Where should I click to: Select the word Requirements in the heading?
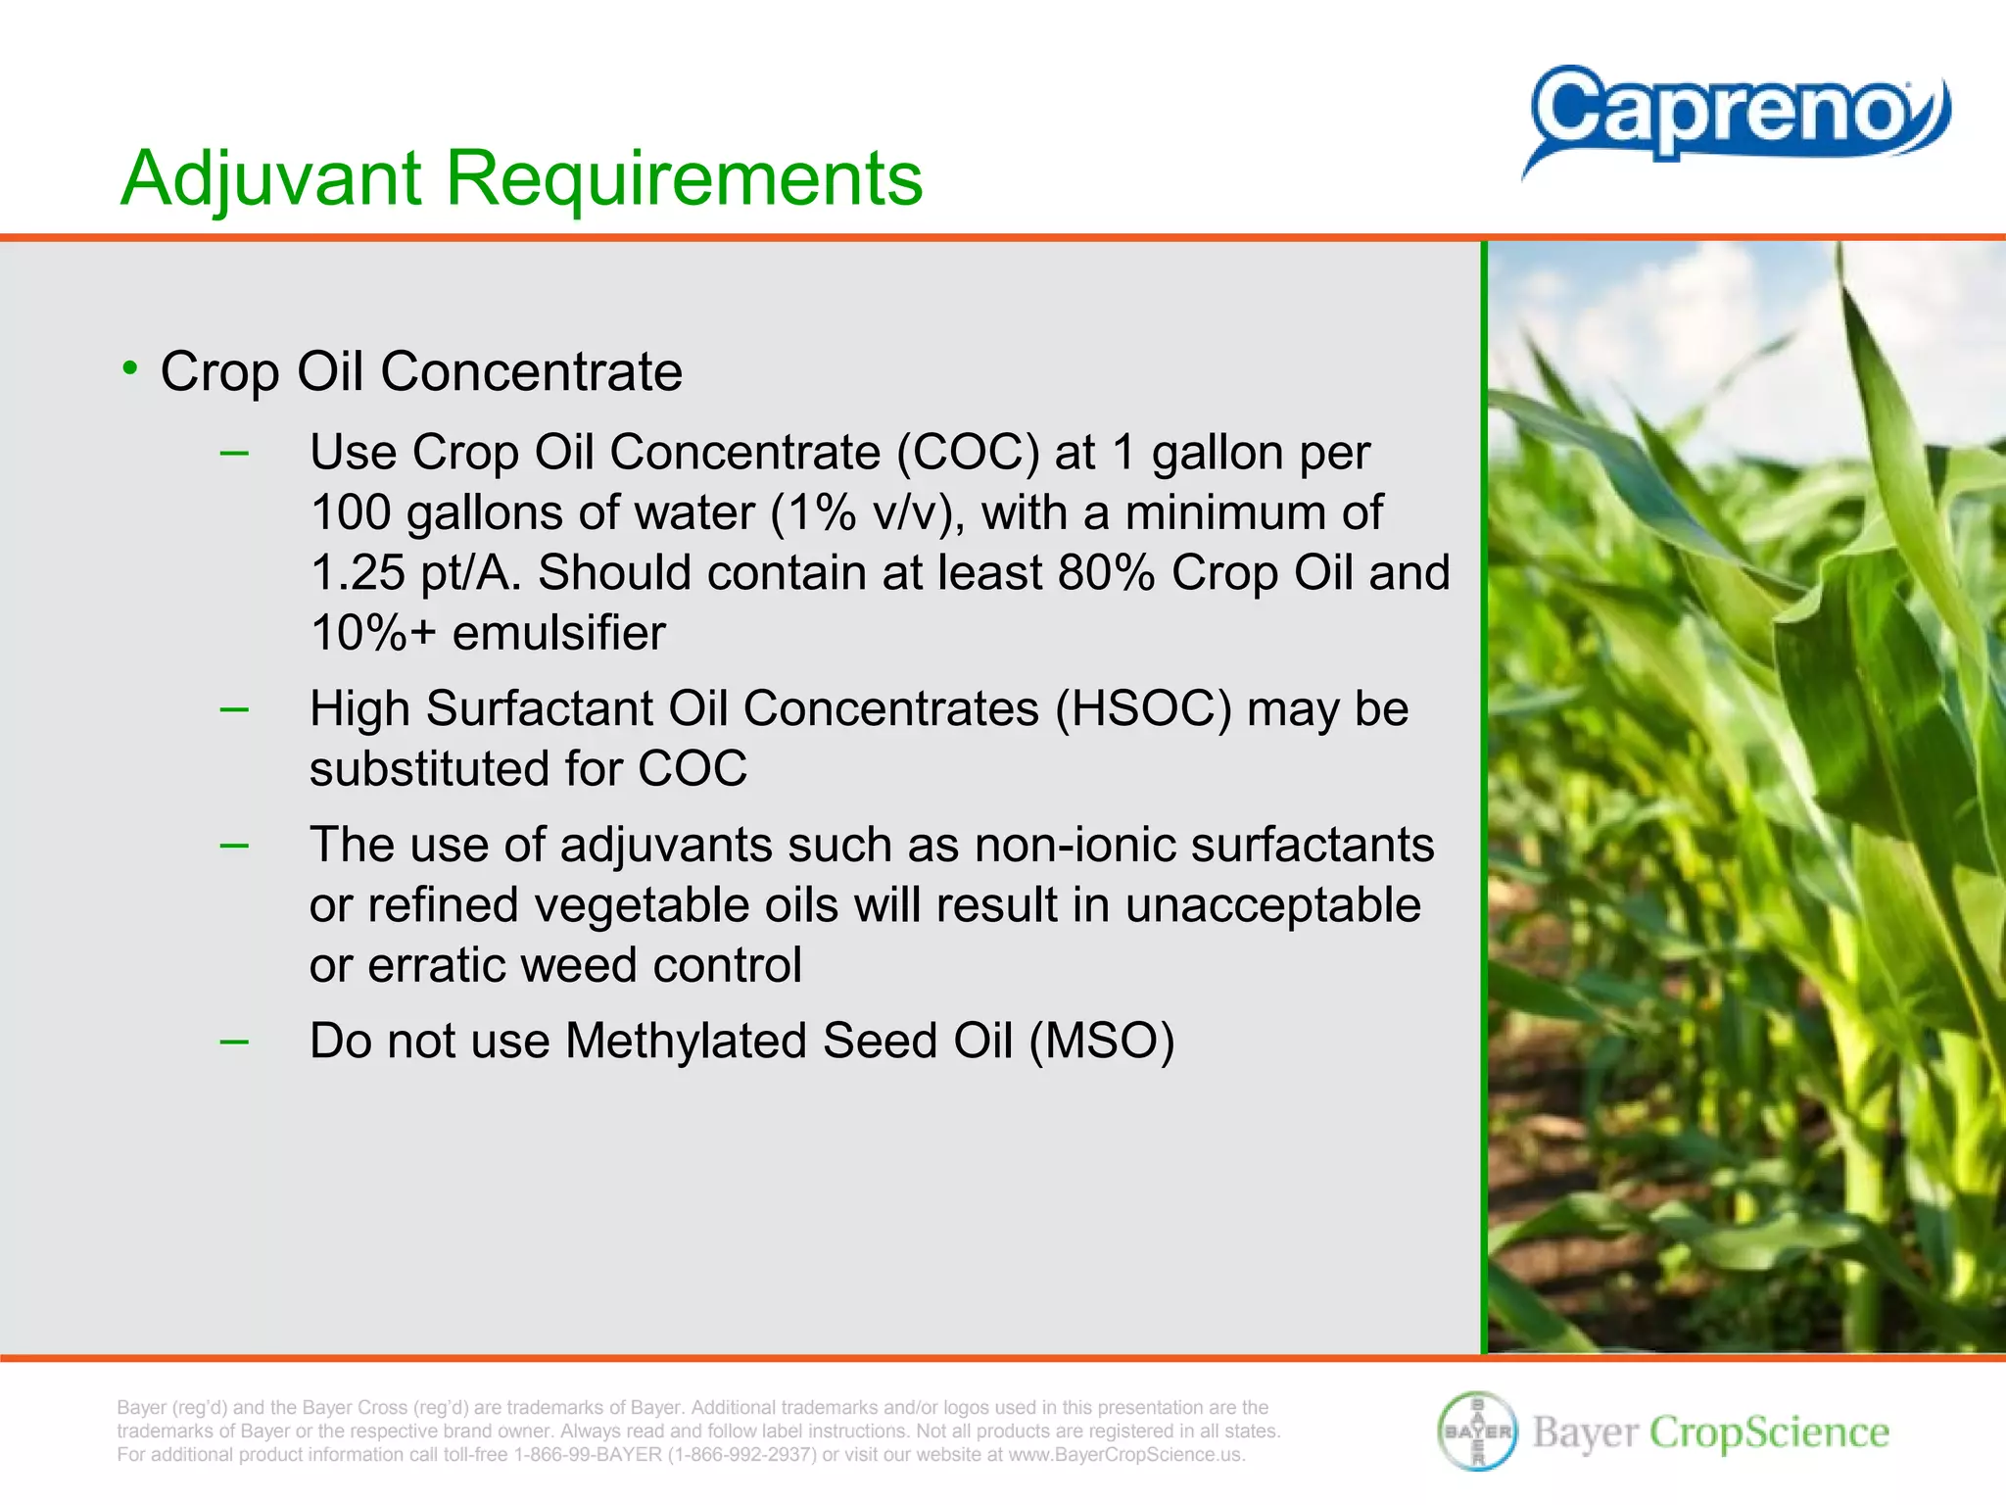click(x=684, y=178)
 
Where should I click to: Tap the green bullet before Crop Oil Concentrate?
click(x=130, y=368)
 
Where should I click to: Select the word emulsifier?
click(x=558, y=633)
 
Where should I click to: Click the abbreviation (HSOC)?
click(x=1142, y=708)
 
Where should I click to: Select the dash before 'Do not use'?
click(x=234, y=1041)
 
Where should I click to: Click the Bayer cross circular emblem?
click(x=1477, y=1432)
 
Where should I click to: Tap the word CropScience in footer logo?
click(x=1769, y=1432)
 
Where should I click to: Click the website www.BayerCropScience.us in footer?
click(x=1126, y=1455)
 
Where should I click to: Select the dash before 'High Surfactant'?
click(x=234, y=708)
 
